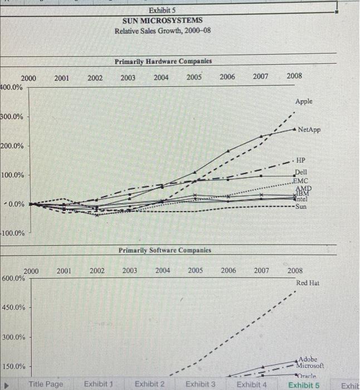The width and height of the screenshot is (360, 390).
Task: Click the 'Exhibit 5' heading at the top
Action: (x=163, y=10)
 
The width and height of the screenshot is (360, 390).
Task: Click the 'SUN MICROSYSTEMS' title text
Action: (x=163, y=20)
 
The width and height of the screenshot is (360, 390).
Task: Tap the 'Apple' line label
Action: (x=304, y=101)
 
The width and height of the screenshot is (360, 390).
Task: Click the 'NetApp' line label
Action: (x=309, y=130)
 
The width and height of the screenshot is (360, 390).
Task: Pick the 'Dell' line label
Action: (x=301, y=172)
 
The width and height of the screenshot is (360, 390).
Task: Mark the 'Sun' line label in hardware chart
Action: (x=301, y=207)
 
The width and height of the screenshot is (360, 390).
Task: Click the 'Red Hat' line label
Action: (x=308, y=283)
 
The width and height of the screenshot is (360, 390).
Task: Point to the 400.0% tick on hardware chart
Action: (x=12, y=87)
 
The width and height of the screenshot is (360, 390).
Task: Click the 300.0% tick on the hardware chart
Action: (x=12, y=117)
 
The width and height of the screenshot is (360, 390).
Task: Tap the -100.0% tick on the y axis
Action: (x=12, y=233)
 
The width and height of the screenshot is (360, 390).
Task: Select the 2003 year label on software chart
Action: (x=130, y=271)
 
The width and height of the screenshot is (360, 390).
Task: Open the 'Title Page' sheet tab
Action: (x=46, y=384)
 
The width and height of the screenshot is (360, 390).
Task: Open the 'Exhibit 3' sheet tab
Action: (x=200, y=384)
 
